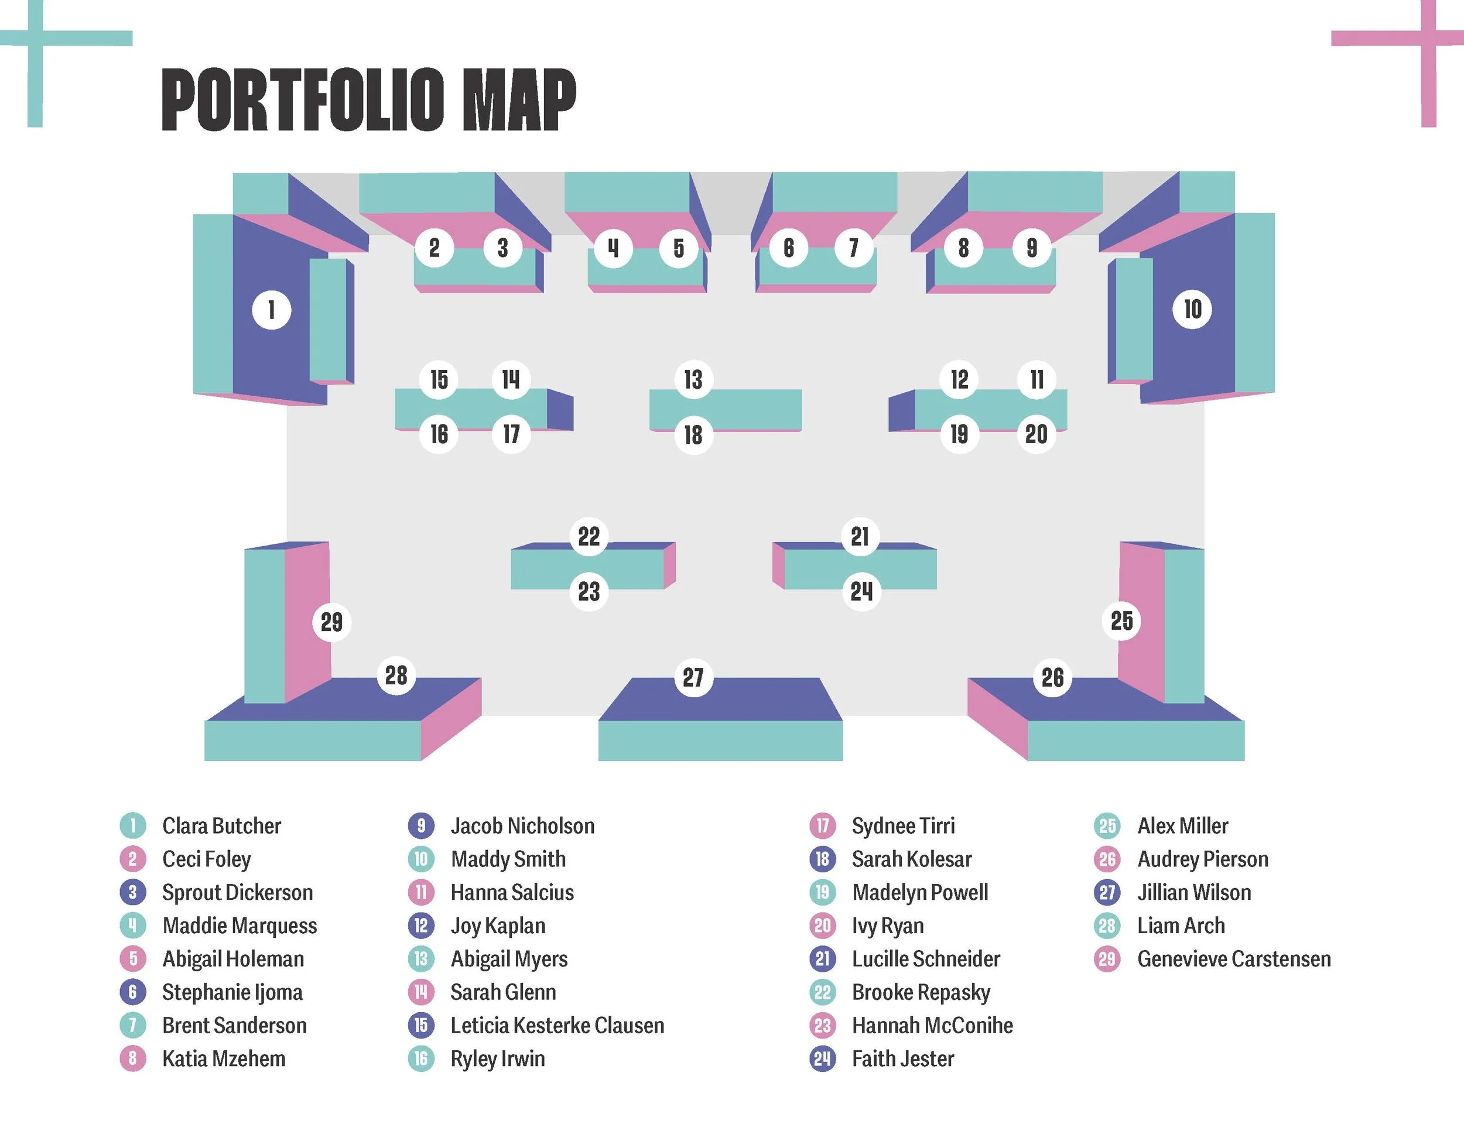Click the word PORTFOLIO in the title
(302, 100)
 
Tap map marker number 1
(272, 310)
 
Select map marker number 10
(1192, 309)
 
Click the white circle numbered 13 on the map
(693, 379)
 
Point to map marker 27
(693, 677)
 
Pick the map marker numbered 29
(332, 622)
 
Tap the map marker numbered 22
(589, 536)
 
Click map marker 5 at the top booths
(678, 248)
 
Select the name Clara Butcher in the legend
(221, 825)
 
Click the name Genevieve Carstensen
(1233, 959)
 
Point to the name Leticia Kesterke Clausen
(557, 1025)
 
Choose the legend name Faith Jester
(902, 1058)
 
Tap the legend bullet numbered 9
(421, 825)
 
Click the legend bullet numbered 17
(823, 825)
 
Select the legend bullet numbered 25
(1107, 825)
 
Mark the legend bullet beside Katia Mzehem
(133, 1058)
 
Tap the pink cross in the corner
(1428, 39)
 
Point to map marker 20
(1037, 434)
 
